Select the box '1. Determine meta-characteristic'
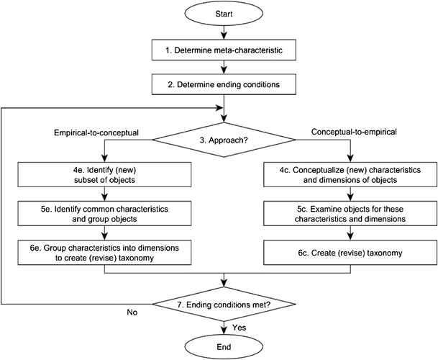click(227, 52)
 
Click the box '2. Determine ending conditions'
click(227, 84)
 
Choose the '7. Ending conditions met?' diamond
click(227, 305)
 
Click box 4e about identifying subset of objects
click(104, 175)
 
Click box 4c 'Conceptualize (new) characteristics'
click(350, 175)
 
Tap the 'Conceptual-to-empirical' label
click(355, 133)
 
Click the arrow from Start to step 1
click(227, 33)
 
